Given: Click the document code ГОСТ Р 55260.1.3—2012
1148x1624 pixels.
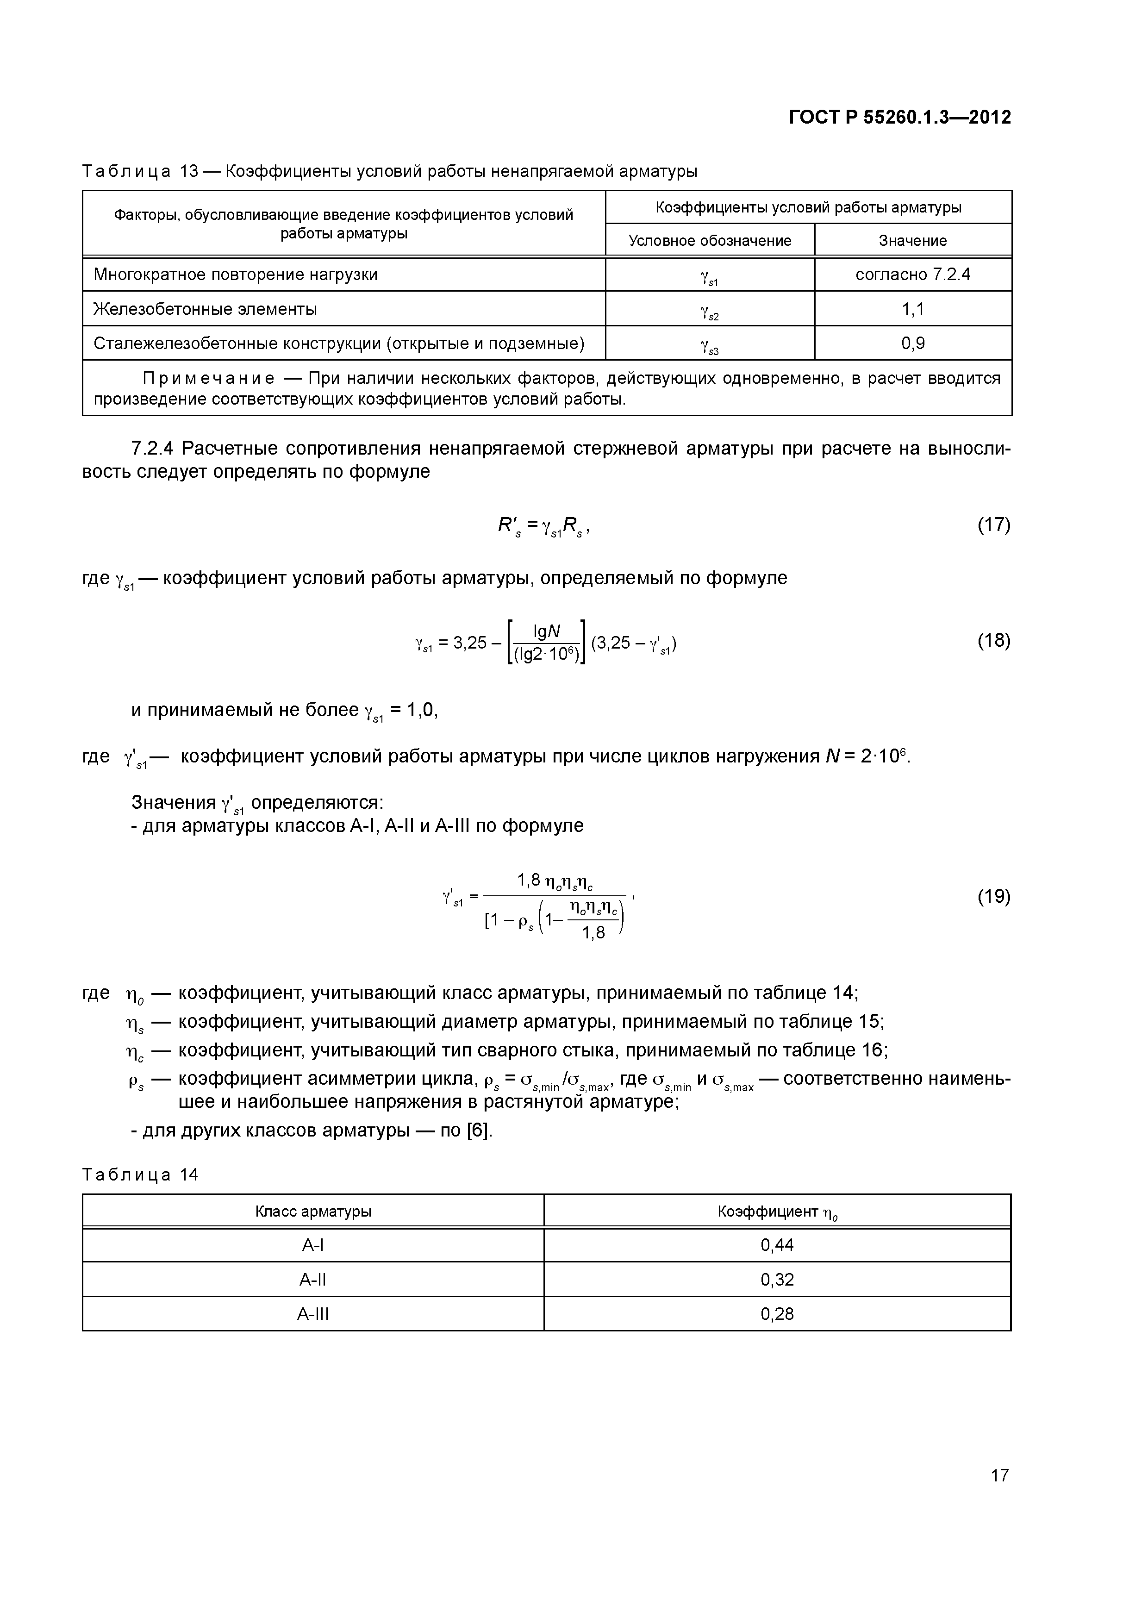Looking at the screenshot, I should click(900, 118).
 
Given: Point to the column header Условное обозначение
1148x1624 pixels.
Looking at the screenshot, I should click(710, 240).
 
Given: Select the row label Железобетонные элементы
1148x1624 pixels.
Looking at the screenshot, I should click(205, 309).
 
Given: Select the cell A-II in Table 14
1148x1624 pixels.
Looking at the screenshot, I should click(312, 1280).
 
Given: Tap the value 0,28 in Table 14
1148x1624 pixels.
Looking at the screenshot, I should click(777, 1314).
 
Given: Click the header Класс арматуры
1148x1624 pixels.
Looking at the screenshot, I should click(312, 1212).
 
